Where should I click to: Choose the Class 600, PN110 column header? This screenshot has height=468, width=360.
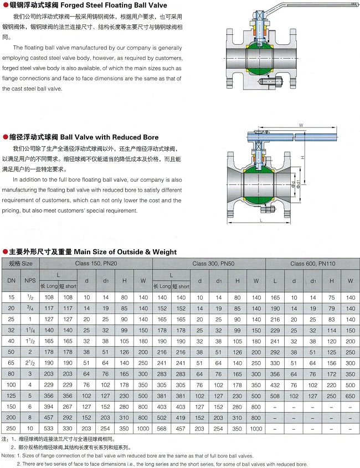[313, 264]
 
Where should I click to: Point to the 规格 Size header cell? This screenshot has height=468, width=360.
[20, 264]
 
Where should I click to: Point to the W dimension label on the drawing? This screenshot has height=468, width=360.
[301, 126]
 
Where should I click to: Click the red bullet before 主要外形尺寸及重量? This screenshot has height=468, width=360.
[5, 251]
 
